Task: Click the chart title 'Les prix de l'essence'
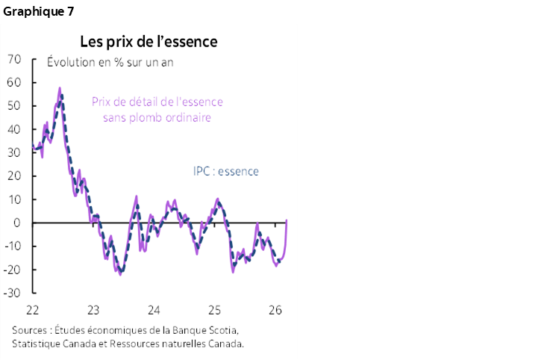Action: point(149,40)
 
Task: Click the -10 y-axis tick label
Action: point(13,246)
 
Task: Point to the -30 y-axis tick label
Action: point(13,293)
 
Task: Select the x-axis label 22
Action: point(32,310)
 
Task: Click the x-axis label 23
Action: point(93,310)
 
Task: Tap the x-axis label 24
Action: point(154,310)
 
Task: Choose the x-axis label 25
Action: point(214,310)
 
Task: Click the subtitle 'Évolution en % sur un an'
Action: point(110,62)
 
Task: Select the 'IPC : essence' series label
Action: point(222,172)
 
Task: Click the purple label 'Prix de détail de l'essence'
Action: point(157,102)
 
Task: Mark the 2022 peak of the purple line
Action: point(60,88)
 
